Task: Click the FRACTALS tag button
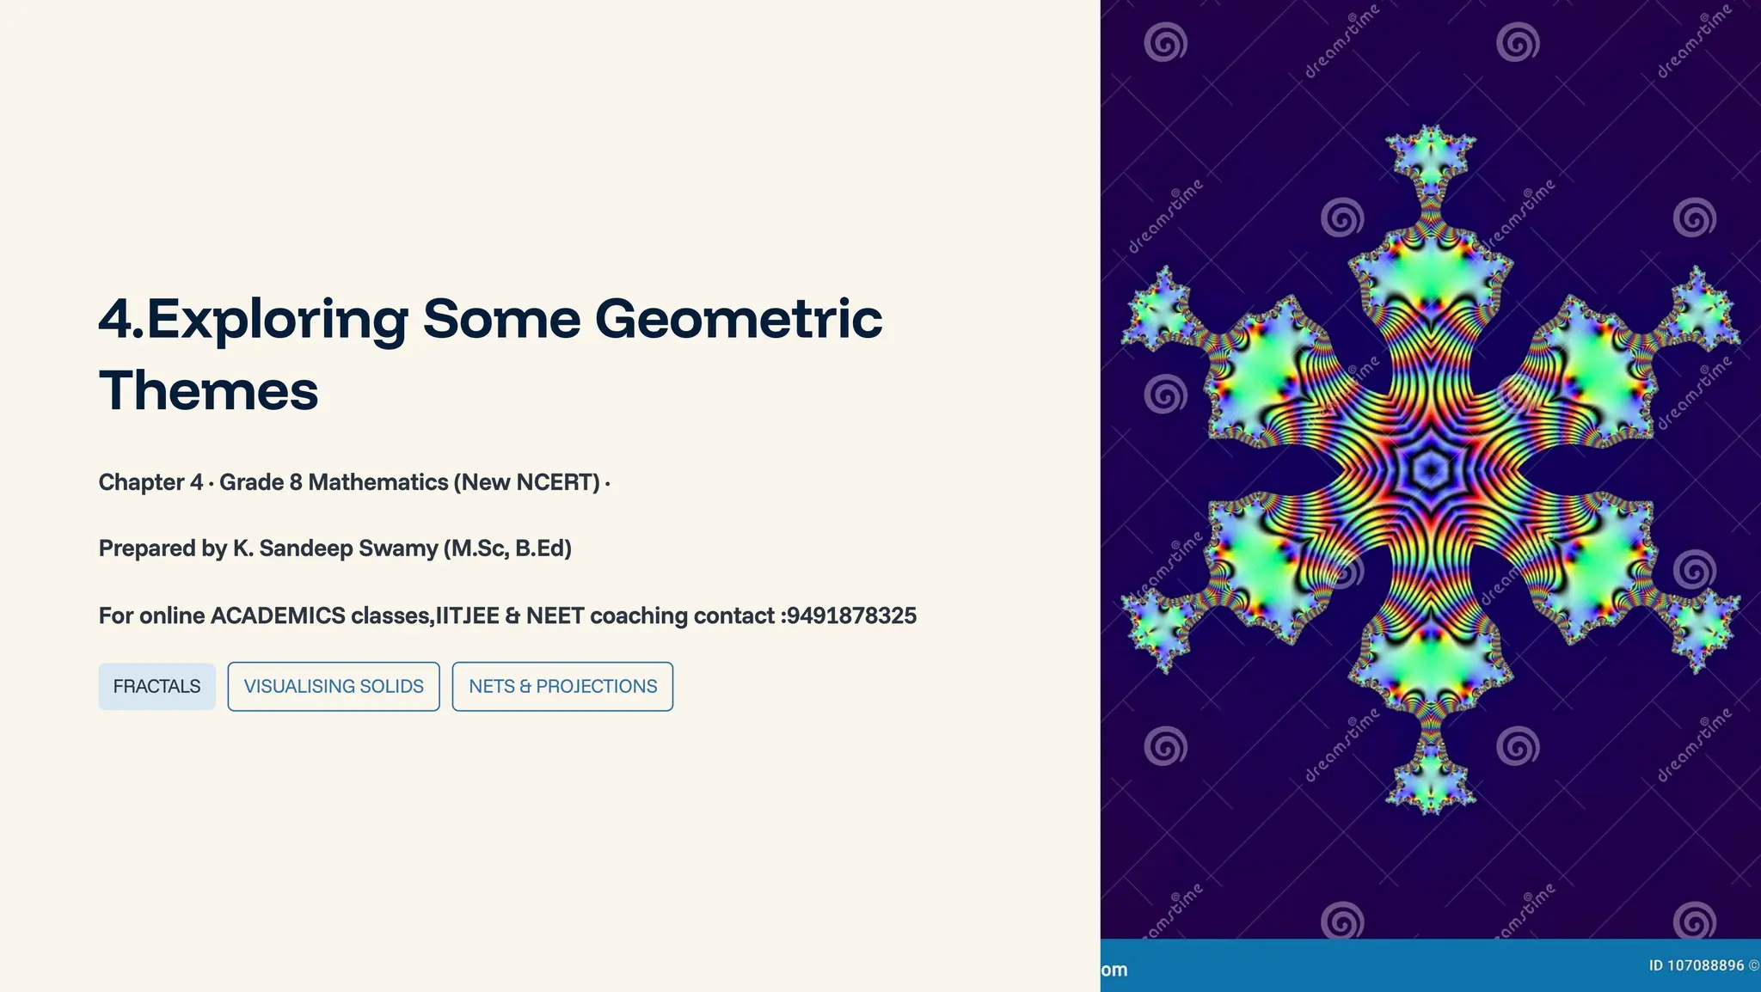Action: click(x=156, y=686)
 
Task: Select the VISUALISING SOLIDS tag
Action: click(x=334, y=686)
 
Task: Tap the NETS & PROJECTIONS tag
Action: click(x=562, y=686)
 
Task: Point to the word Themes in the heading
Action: click(x=208, y=391)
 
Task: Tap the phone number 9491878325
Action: click(x=851, y=615)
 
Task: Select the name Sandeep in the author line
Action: click(x=305, y=548)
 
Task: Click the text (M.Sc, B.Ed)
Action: click(x=507, y=548)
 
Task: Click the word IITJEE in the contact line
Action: click(x=468, y=615)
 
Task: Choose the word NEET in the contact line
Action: click(x=555, y=615)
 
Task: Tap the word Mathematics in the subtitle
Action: click(x=378, y=482)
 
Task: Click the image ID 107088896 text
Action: click(x=1696, y=965)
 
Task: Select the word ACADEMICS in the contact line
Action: click(x=278, y=615)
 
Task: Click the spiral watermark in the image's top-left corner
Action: click(x=1165, y=42)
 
